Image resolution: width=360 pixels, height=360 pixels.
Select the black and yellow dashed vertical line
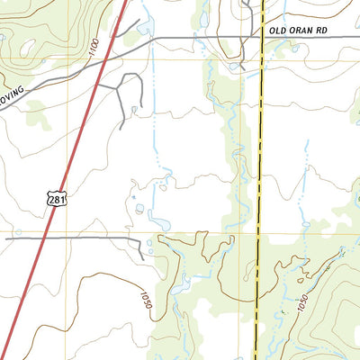258,180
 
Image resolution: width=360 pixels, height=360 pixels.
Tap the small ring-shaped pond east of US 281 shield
139,209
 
